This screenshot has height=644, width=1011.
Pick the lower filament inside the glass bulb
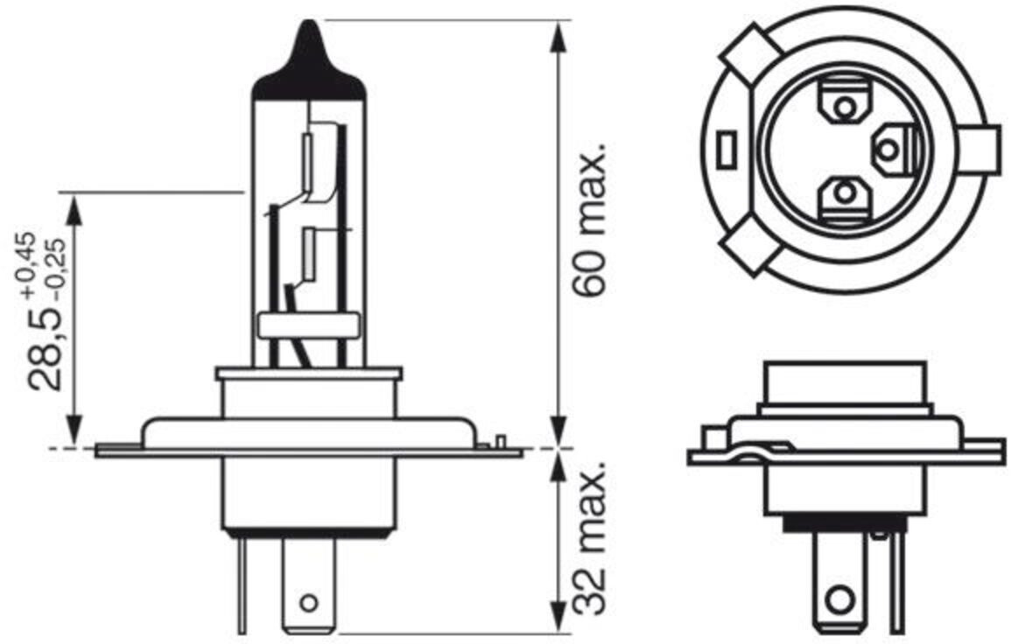coord(307,249)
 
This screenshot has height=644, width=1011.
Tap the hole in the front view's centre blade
coord(307,602)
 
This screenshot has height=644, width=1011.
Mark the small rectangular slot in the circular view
coord(724,150)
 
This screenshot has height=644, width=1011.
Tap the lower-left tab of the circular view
coord(750,249)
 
